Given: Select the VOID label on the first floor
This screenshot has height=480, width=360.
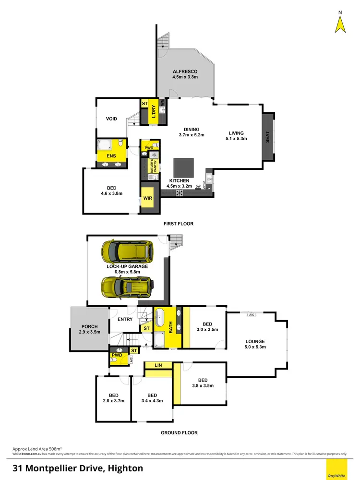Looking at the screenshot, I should click(x=111, y=119).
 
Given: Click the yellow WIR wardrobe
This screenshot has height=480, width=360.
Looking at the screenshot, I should click(x=147, y=198).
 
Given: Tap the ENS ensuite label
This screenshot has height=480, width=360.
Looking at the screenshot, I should click(x=111, y=156).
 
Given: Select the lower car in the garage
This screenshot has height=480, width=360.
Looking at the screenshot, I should click(x=127, y=287).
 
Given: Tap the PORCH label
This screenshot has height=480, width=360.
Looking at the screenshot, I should click(x=89, y=327).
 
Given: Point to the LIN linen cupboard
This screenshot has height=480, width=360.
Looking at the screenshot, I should click(x=158, y=366).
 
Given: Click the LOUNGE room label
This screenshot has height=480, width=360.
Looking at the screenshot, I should click(x=255, y=342).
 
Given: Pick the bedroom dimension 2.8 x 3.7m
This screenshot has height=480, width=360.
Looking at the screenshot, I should click(x=113, y=400).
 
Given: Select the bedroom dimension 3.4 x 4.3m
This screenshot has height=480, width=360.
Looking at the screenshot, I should click(x=152, y=400).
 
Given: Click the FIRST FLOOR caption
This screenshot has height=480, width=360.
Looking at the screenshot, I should click(x=179, y=224).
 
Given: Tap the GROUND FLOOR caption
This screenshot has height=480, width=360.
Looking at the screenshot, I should click(x=179, y=432).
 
